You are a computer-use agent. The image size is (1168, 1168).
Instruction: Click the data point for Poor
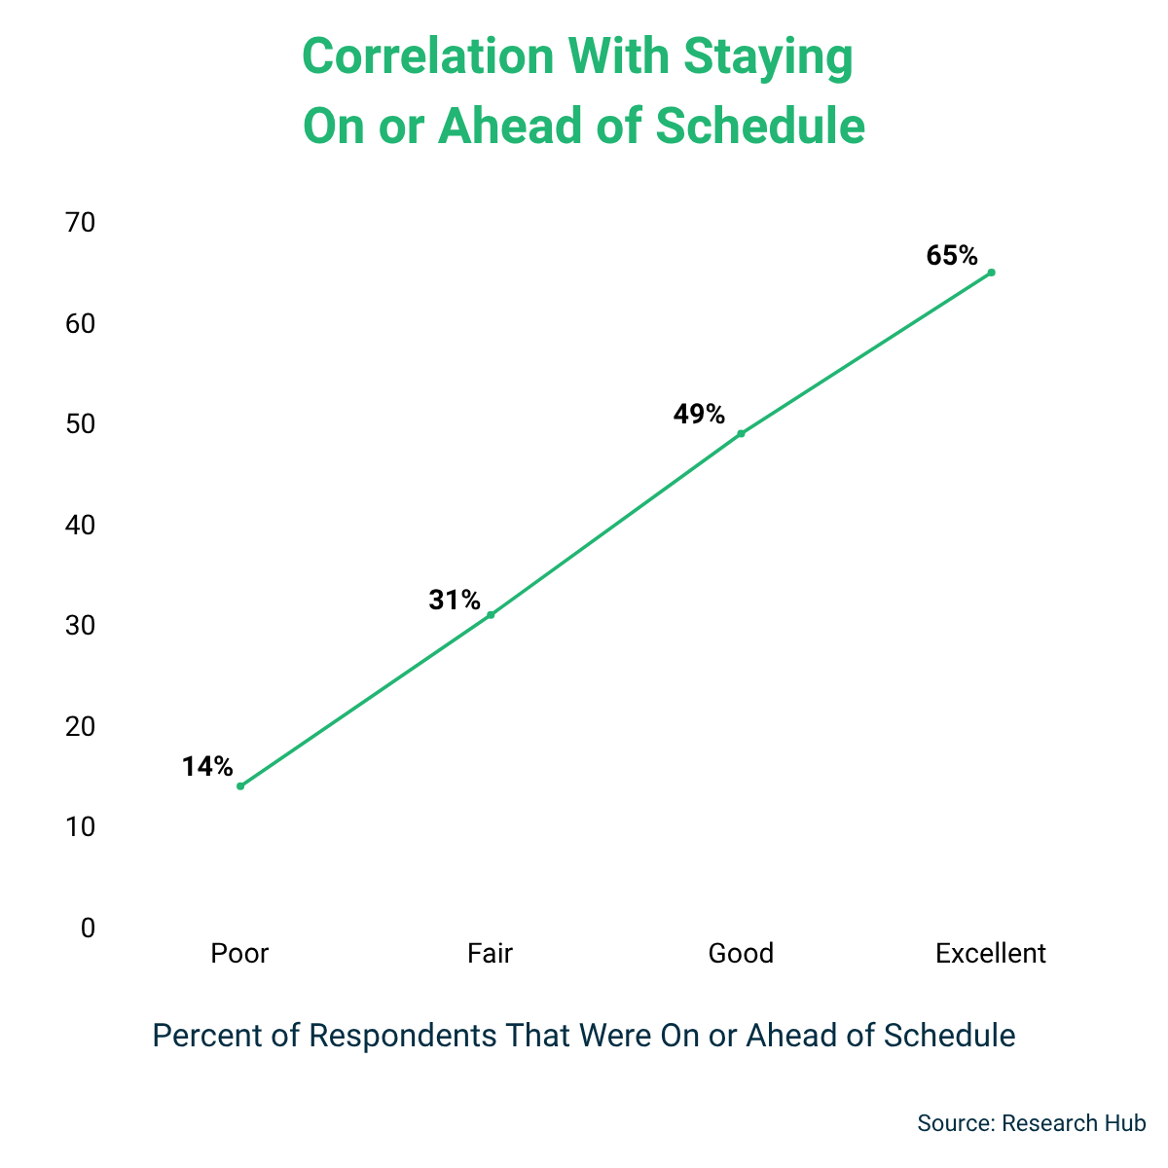click(x=240, y=785)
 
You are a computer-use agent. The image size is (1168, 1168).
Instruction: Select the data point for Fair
click(x=491, y=614)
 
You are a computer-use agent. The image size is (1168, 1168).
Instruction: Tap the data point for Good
click(x=741, y=433)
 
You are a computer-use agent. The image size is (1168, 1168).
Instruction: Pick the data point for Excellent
click(x=991, y=272)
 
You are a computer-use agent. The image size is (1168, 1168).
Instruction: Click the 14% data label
click(x=207, y=767)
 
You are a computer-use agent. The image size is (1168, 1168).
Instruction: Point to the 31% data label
click(x=455, y=600)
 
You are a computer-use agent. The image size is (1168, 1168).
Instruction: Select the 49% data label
click(x=699, y=415)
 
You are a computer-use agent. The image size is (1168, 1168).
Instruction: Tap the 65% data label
click(x=952, y=256)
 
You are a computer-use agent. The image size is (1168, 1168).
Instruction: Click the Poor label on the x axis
click(x=239, y=953)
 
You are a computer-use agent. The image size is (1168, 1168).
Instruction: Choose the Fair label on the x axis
click(x=490, y=953)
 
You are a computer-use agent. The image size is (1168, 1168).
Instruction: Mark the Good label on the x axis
click(x=741, y=953)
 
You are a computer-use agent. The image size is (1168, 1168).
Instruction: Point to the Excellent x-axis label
click(x=991, y=953)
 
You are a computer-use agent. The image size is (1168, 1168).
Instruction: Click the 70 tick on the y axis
click(x=81, y=223)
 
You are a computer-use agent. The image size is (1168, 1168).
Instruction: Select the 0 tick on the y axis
click(x=89, y=928)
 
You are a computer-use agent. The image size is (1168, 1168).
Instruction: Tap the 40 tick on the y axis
click(x=81, y=525)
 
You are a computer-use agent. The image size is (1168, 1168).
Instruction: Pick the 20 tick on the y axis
click(x=81, y=726)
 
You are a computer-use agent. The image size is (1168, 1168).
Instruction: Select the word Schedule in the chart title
click(x=760, y=127)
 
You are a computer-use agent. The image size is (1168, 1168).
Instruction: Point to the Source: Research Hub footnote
click(x=1031, y=1122)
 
